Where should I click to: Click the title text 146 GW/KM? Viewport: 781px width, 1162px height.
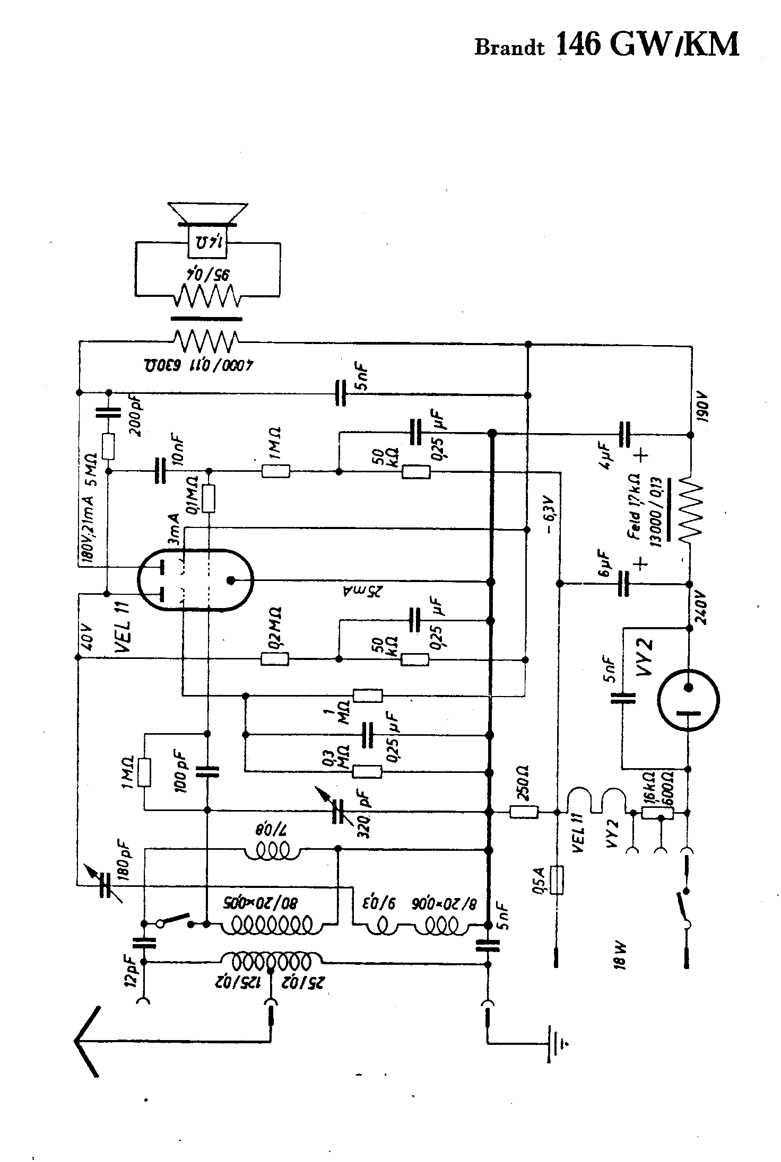point(647,45)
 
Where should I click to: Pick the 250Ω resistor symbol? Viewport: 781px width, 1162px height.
point(524,812)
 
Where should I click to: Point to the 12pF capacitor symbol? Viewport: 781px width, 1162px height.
point(144,941)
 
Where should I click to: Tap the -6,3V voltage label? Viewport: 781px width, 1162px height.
point(550,514)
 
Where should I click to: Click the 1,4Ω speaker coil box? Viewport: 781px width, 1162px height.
point(207,242)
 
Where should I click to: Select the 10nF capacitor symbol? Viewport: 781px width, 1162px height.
point(161,470)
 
